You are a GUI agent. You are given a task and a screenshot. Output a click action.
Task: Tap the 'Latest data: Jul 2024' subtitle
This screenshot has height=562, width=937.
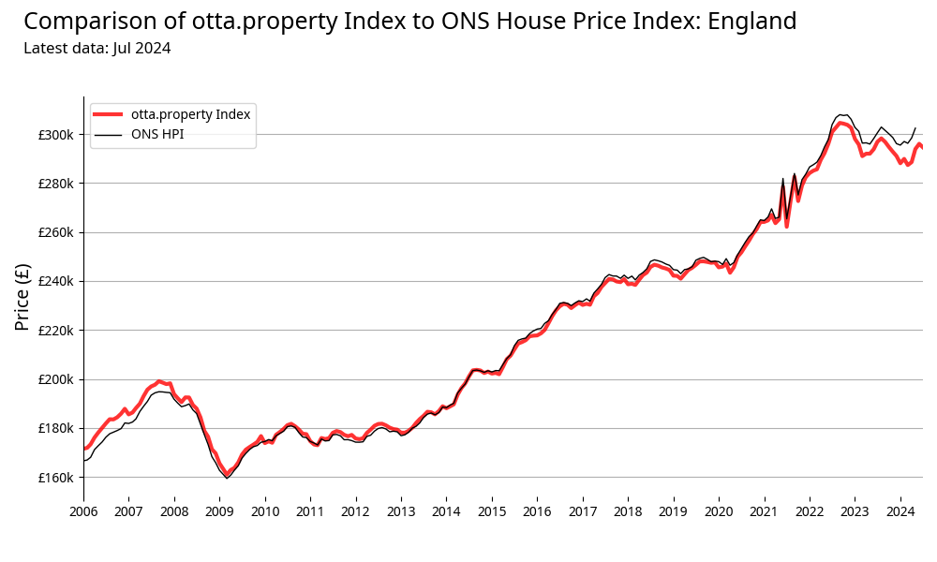pyautogui.click(x=97, y=49)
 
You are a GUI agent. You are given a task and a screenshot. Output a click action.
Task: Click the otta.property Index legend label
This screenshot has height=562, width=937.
pyautogui.click(x=191, y=114)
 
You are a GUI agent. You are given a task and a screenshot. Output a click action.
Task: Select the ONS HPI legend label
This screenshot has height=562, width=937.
pyautogui.click(x=157, y=135)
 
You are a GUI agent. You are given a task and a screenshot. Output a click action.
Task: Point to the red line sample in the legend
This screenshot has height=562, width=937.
pyautogui.click(x=109, y=114)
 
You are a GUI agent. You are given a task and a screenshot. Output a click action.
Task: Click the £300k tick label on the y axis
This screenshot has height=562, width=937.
pyautogui.click(x=55, y=135)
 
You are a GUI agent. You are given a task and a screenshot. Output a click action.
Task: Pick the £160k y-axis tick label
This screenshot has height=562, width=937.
pyautogui.click(x=55, y=478)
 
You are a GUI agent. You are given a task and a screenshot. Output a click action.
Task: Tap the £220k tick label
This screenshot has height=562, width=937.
pyautogui.click(x=55, y=331)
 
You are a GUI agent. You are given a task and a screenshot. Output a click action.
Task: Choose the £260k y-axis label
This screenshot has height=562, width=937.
pyautogui.click(x=55, y=232)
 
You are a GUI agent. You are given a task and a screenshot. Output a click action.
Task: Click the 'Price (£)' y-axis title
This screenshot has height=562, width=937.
pyautogui.click(x=23, y=296)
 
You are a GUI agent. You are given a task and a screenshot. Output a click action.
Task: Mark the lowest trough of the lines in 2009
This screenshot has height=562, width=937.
pyautogui.click(x=227, y=477)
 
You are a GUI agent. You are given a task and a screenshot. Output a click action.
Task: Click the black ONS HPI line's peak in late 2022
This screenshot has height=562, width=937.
pyautogui.click(x=840, y=114)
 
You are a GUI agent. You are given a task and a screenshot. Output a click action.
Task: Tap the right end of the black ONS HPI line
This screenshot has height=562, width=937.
pyautogui.click(x=915, y=127)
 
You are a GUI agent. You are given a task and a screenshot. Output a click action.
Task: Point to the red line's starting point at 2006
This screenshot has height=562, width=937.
pyautogui.click(x=84, y=448)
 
